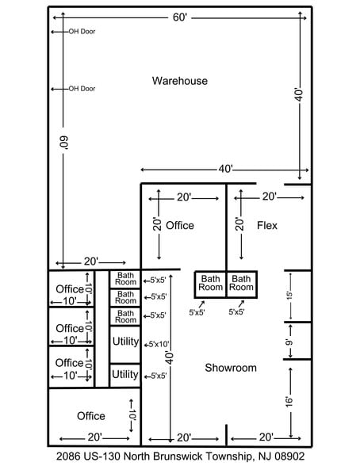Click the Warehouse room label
pyautogui.click(x=180, y=81)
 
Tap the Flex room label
pyautogui.click(x=267, y=226)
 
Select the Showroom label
pyautogui.click(x=231, y=368)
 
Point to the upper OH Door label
pyautogui.click(x=82, y=32)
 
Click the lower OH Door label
pyautogui.click(x=82, y=89)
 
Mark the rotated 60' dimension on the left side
pyautogui.click(x=65, y=143)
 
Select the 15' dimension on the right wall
pyautogui.click(x=290, y=296)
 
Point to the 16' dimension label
pyautogui.click(x=290, y=402)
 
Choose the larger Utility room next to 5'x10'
pyautogui.click(x=125, y=341)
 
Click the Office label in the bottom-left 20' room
pyautogui.click(x=90, y=416)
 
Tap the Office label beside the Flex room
pyautogui.click(x=180, y=226)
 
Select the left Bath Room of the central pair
pyautogui.click(x=210, y=283)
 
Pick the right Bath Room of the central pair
pyautogui.click(x=241, y=283)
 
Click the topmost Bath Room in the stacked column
pyautogui.click(x=125, y=279)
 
